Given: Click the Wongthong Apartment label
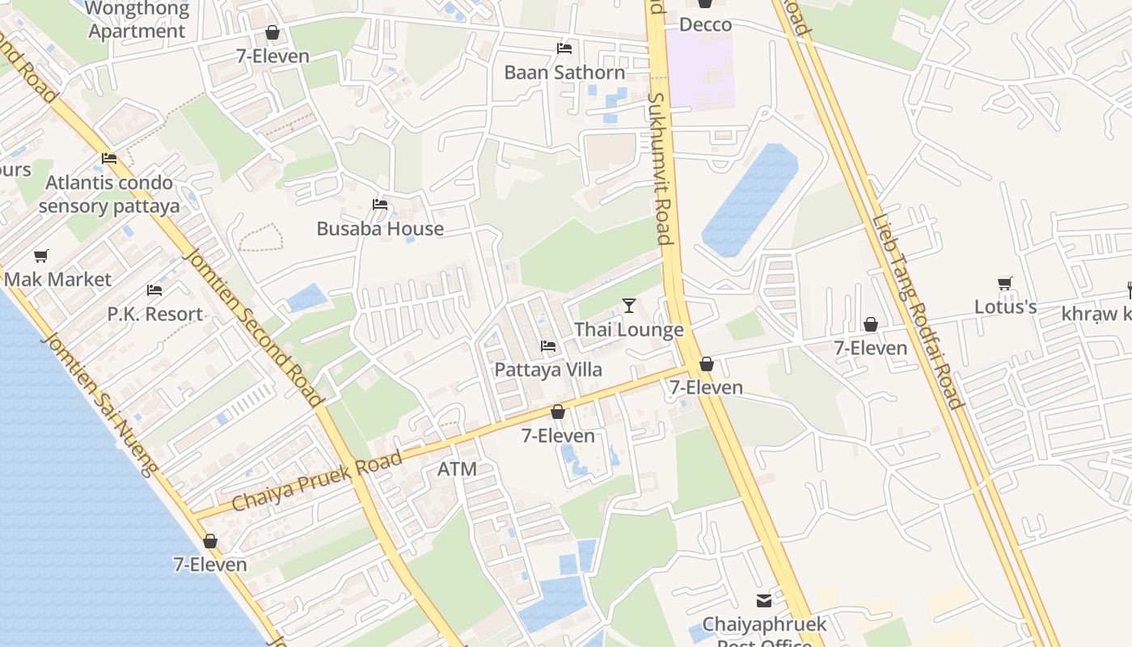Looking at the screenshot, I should pos(137,20).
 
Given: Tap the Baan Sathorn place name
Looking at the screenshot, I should pos(564,72).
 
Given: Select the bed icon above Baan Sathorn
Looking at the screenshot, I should pos(564,49).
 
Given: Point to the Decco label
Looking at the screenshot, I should pos(705,24).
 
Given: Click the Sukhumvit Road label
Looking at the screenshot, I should pos(660,167).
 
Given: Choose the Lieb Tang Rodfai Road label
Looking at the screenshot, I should pos(918,311).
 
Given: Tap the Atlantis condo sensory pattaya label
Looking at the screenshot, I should pos(109,194).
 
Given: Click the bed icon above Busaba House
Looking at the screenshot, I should pos(380,205).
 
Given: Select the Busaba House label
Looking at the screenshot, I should pos(380,229).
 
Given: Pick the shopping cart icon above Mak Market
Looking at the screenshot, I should pos(40,256).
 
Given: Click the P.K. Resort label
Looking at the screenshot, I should pos(155,314).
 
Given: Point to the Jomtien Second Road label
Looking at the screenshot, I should pos(254,328).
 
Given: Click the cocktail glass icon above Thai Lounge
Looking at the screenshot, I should pos(629,305).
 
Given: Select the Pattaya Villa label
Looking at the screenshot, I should pos(548,370).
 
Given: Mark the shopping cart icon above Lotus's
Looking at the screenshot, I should pos(1005,284).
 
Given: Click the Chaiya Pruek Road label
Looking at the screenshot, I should pos(317,481).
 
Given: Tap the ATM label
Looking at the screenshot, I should pos(457,469).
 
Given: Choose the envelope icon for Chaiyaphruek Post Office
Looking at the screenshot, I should pos(764,600).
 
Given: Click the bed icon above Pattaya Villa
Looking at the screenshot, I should pos(548,346).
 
